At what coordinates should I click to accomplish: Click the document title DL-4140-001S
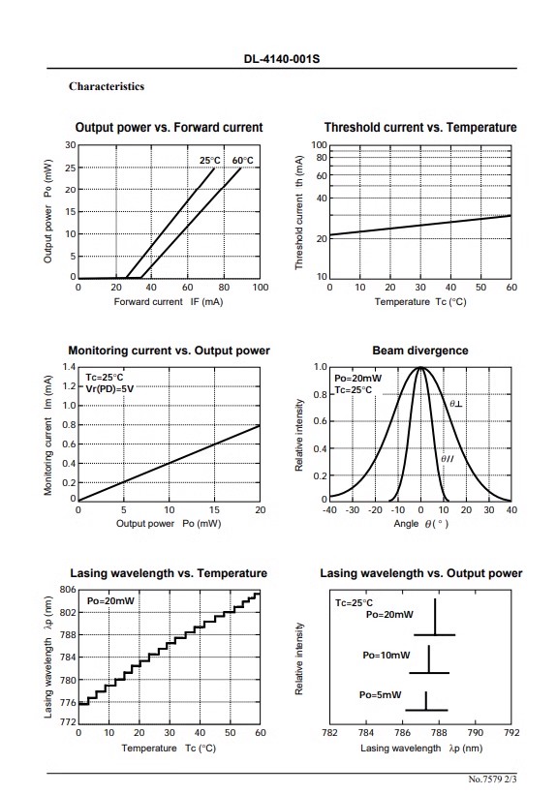click(x=282, y=59)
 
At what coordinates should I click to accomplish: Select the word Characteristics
click(x=107, y=86)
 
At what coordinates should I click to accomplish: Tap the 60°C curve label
click(x=242, y=161)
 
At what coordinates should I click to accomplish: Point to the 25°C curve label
click(x=210, y=161)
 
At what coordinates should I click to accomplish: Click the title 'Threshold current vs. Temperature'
click(x=420, y=127)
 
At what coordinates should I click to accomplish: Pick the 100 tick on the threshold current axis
click(x=319, y=145)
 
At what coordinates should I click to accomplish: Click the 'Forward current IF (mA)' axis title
click(x=169, y=302)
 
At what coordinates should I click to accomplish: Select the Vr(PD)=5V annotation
click(x=109, y=389)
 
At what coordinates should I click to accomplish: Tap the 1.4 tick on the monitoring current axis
click(x=69, y=367)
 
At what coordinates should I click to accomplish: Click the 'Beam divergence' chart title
click(x=420, y=351)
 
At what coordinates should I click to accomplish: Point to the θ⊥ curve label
click(x=455, y=404)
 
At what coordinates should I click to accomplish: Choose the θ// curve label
click(x=447, y=459)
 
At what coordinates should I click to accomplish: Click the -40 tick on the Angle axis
click(x=329, y=510)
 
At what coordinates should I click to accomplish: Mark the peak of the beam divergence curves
click(x=420, y=367)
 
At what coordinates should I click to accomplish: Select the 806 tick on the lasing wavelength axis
click(x=68, y=590)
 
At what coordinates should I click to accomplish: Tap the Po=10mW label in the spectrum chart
click(x=387, y=655)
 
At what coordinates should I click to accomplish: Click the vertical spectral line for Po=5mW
click(x=425, y=701)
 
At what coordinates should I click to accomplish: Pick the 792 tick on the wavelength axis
click(x=511, y=733)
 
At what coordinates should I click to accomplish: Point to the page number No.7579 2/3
click(x=492, y=780)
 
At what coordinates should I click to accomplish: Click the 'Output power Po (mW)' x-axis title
click(x=169, y=523)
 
